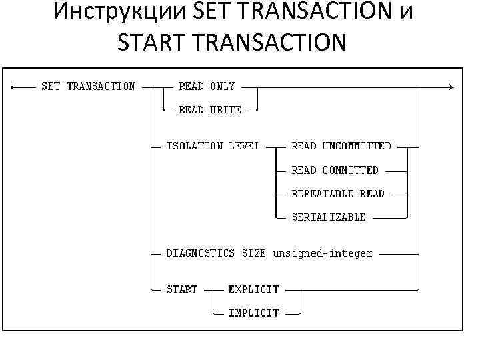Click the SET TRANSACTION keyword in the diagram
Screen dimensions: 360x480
tap(88, 86)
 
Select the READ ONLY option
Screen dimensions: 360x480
tap(207, 86)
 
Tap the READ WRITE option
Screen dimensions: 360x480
tap(210, 110)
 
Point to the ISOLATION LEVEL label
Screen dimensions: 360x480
tap(213, 145)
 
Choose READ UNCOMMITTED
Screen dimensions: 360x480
tap(341, 145)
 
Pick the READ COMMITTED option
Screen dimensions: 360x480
tap(335, 170)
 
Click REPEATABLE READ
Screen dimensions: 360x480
tap(338, 194)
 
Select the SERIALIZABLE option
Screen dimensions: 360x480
tap(329, 217)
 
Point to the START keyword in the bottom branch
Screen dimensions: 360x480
tap(181, 289)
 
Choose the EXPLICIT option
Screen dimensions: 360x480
tap(254, 289)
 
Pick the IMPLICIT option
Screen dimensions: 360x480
tap(254, 312)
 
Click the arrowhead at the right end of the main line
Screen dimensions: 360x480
tap(451, 87)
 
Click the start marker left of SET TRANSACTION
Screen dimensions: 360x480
tap(13, 87)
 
